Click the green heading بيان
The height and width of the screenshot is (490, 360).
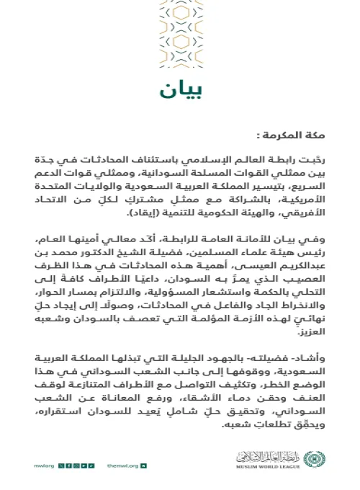click(179, 91)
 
